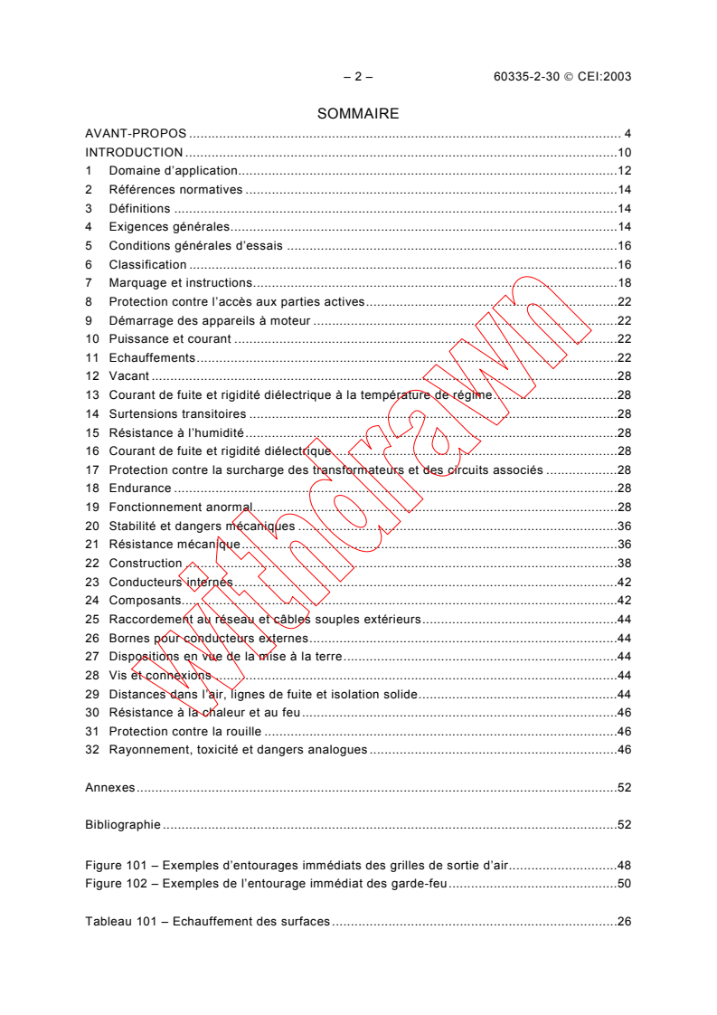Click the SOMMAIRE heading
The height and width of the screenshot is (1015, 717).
[358, 114]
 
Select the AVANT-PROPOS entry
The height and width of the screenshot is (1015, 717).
[136, 134]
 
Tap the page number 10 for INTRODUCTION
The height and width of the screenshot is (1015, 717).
[624, 153]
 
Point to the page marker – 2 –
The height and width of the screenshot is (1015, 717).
[358, 77]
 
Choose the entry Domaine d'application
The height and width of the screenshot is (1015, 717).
[173, 171]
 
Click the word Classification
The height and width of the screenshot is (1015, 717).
[147, 265]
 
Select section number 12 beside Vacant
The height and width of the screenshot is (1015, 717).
[91, 376]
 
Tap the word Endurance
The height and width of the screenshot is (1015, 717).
[140, 489]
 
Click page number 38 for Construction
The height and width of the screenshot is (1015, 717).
[624, 564]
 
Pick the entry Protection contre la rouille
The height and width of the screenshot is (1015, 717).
[184, 731]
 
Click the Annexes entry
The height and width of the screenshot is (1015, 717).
[109, 788]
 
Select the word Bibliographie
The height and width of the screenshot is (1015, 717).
[123, 825]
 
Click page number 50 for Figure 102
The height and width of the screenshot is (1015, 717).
[624, 883]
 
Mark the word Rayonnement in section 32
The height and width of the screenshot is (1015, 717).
[147, 750]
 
